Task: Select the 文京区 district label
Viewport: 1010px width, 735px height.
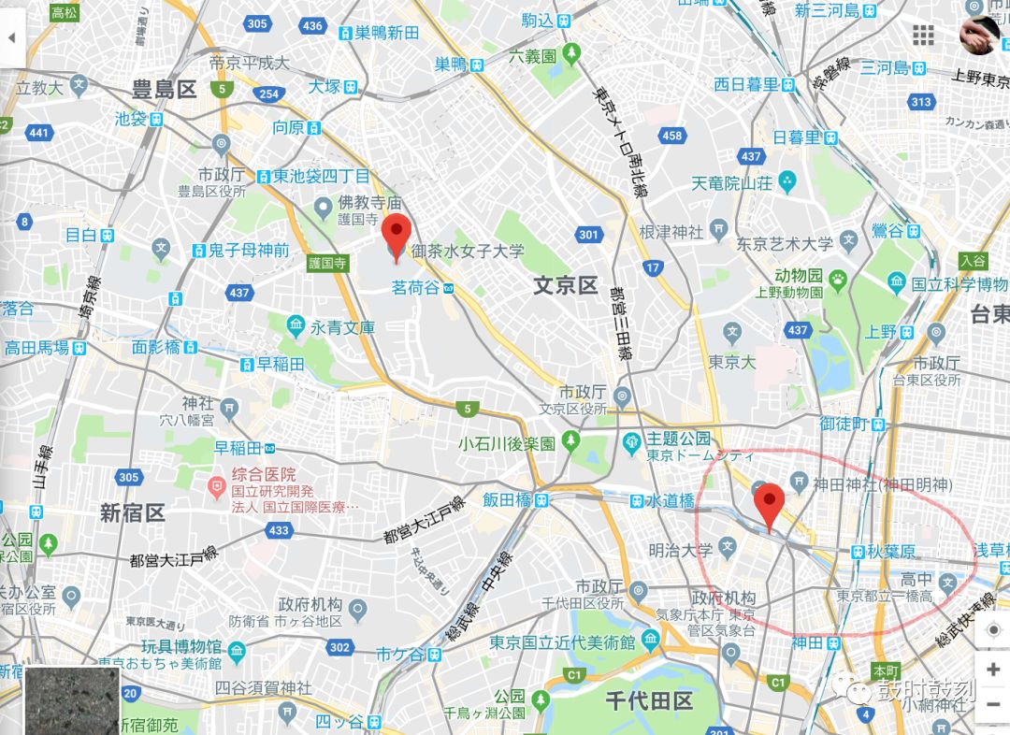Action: click(565, 285)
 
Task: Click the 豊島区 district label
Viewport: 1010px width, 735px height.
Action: click(164, 90)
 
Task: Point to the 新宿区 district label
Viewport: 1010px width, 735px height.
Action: click(133, 512)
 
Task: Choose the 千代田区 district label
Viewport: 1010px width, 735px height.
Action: click(648, 700)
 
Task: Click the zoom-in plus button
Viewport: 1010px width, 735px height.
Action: click(992, 670)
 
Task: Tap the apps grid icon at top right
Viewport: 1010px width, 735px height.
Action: click(923, 36)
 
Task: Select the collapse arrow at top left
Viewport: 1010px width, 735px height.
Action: click(12, 38)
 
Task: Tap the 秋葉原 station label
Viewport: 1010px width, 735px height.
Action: click(887, 552)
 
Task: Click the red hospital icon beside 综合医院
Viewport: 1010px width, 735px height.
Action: click(217, 484)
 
